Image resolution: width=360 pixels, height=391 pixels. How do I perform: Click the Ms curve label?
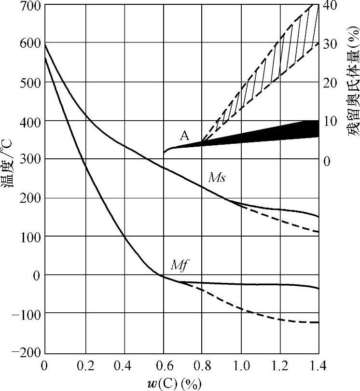217,177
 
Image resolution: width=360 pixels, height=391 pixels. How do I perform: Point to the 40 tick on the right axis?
330,6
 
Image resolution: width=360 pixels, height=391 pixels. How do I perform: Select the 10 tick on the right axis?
330,121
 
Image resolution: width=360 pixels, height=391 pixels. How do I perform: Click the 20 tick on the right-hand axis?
330,83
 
